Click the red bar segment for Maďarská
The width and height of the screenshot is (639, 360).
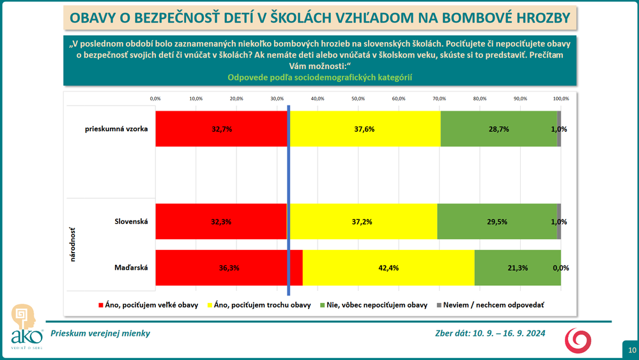[228, 268]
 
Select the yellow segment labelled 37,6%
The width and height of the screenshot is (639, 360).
[364, 129]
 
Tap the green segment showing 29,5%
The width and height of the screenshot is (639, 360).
[497, 221]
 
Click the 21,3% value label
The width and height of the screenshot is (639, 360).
[518, 268]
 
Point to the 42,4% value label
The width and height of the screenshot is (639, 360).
[389, 268]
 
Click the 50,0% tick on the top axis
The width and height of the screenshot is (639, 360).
[358, 98]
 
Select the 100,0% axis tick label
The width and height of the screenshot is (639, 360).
[561, 98]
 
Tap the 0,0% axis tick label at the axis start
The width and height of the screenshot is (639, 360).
[155, 98]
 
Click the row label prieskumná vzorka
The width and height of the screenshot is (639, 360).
[116, 129]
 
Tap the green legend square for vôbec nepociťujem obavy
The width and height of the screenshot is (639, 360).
[323, 306]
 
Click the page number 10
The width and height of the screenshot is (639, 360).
[631, 350]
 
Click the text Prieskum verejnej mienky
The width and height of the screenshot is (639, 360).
[100, 333]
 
